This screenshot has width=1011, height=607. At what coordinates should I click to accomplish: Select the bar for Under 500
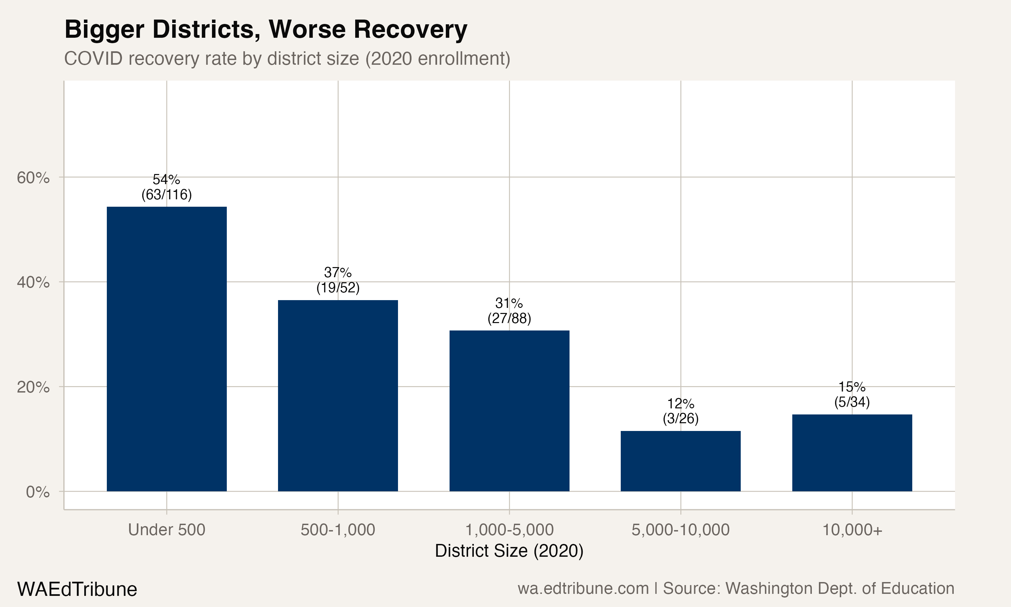click(x=166, y=349)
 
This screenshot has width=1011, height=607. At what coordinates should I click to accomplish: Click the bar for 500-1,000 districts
click(x=338, y=396)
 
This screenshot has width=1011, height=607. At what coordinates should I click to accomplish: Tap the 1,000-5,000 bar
click(x=509, y=411)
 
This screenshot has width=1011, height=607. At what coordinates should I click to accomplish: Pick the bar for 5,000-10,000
click(x=680, y=461)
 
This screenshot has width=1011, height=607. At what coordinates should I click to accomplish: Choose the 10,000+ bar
click(x=852, y=453)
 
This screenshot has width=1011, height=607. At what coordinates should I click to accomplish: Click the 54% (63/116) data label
click(x=166, y=187)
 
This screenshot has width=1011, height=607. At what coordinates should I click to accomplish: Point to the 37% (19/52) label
click(x=338, y=280)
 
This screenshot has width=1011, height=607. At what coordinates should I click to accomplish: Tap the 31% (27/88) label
click(x=509, y=311)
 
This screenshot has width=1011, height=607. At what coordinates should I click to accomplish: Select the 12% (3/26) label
click(x=680, y=411)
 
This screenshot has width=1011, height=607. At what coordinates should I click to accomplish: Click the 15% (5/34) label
click(x=852, y=394)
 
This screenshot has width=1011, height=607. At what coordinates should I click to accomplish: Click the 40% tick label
click(x=33, y=282)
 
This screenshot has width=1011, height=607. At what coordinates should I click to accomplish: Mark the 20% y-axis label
click(x=33, y=387)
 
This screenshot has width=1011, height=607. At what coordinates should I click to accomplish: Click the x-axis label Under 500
click(x=166, y=530)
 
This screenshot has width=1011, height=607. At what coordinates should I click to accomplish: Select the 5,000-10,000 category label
click(x=680, y=530)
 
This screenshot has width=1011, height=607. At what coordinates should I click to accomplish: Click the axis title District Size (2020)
click(x=509, y=551)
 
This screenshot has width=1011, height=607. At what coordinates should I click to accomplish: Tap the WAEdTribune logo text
click(x=77, y=589)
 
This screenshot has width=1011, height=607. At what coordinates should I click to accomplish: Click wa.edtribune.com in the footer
click(x=583, y=588)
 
